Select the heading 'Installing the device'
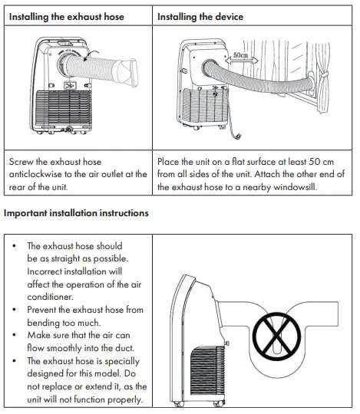pyautogui.click(x=200, y=16)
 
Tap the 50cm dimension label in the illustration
pyautogui.click(x=242, y=56)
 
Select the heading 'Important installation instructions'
pyautogui.click(x=76, y=212)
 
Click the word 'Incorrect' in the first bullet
pyautogui.click(x=48, y=271)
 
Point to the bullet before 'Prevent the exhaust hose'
pyautogui.click(x=15, y=310)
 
